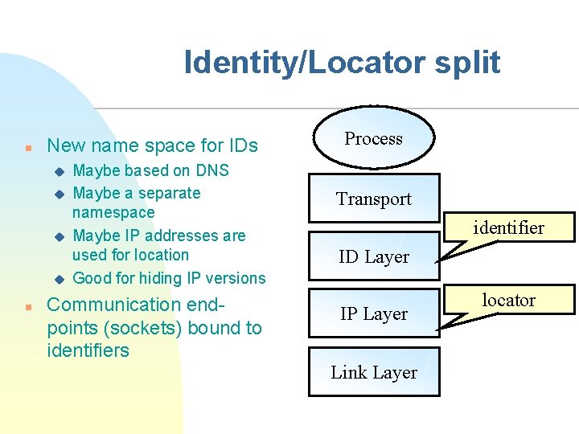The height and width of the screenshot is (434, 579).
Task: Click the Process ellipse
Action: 373,138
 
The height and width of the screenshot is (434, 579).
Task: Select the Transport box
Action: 373,199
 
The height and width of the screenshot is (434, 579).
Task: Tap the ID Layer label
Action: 373,257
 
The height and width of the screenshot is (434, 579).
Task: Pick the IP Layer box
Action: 373,314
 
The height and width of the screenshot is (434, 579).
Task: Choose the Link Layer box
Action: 373,373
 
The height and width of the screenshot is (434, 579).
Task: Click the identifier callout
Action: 508,228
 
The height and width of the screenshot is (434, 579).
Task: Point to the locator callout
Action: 508,301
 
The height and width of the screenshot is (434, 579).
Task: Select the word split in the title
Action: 469,63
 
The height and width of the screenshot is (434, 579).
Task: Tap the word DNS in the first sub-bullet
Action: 211,170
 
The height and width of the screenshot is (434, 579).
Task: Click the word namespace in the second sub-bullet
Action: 113,212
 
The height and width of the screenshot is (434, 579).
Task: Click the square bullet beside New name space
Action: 28,148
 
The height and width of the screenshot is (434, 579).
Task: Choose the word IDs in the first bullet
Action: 240,145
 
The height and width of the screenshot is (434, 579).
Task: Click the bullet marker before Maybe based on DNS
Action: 57,171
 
